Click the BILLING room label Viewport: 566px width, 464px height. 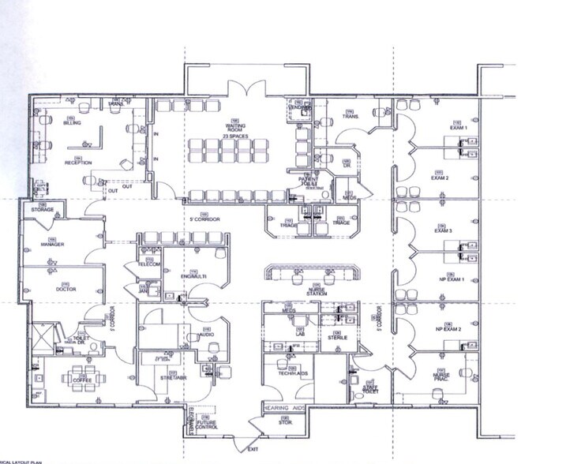(72, 124)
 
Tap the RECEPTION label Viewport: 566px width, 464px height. (78, 163)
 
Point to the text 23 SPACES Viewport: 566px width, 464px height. (234, 137)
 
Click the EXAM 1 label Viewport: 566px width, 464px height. (459, 127)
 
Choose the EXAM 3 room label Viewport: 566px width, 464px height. (443, 230)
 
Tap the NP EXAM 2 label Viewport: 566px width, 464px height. (447, 328)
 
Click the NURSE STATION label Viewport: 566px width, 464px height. (317, 290)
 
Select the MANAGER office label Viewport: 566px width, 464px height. (52, 245)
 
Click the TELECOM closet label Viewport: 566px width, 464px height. (150, 264)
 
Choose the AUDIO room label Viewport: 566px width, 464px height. (208, 335)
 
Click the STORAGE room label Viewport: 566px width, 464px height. (43, 210)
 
